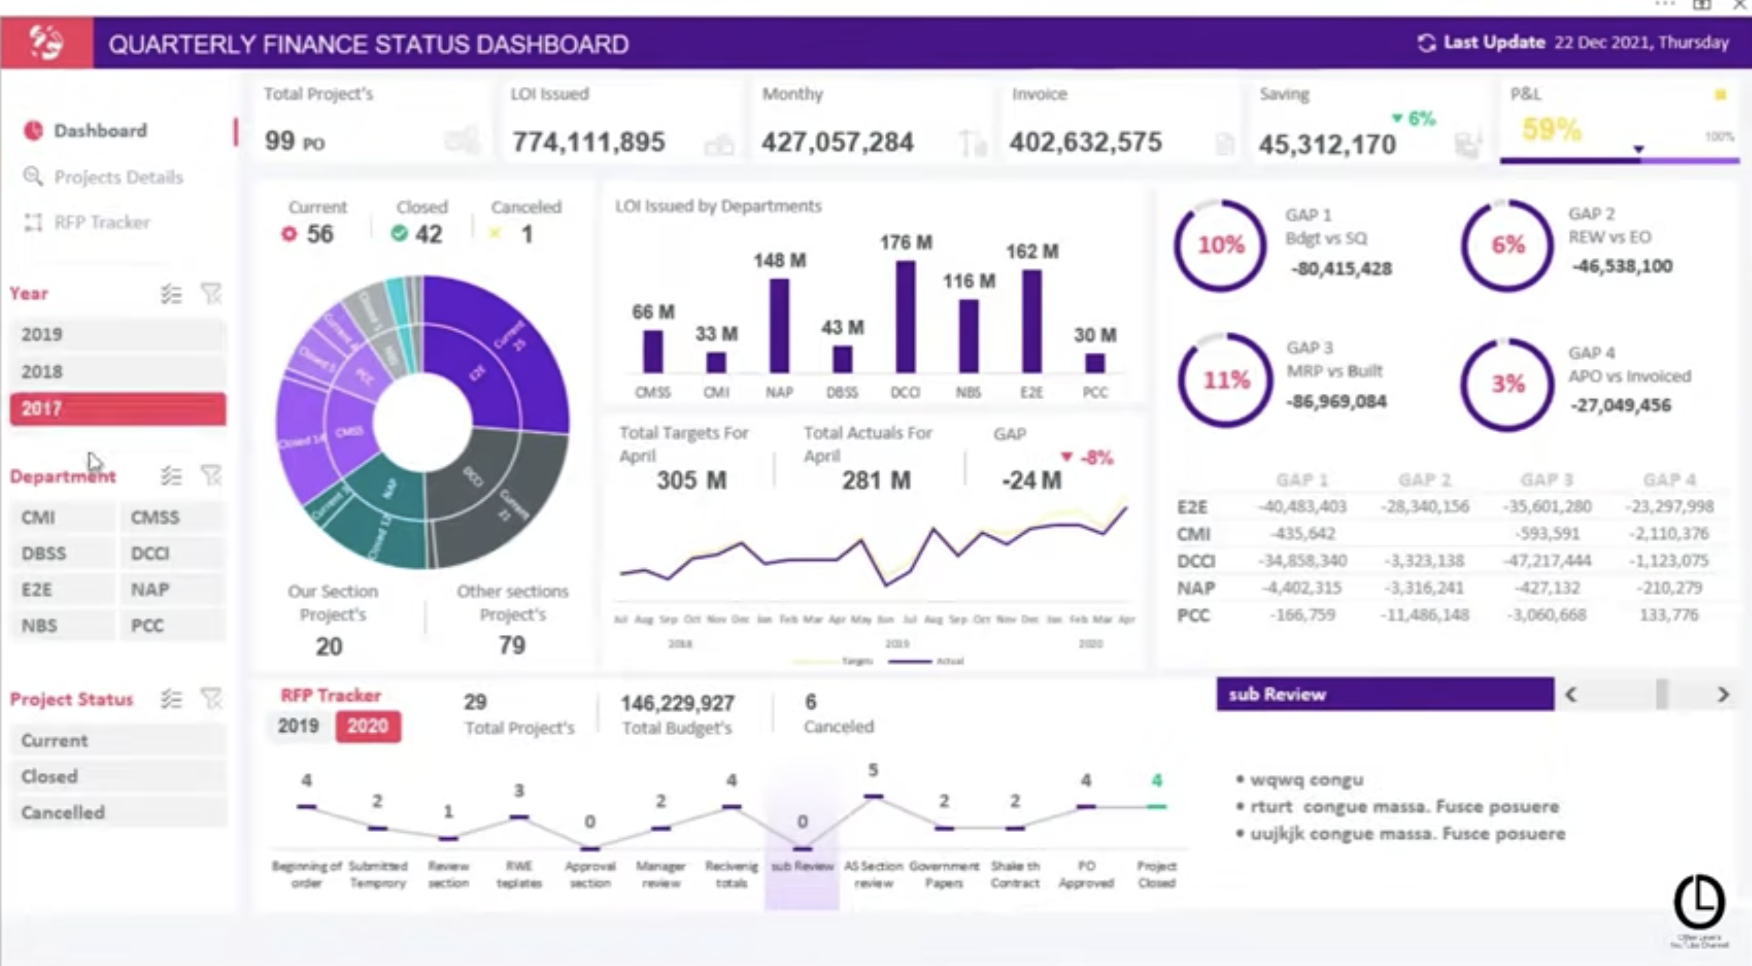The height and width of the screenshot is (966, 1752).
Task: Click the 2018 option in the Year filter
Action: tap(117, 372)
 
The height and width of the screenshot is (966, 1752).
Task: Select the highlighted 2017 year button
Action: tap(117, 409)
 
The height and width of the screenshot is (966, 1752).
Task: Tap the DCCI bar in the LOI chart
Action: tap(905, 317)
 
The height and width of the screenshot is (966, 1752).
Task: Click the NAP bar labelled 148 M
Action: tap(779, 326)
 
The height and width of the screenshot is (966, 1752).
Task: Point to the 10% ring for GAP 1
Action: tap(1220, 245)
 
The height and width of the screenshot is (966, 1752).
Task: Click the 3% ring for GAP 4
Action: tap(1507, 384)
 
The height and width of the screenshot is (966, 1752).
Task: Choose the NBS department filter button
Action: tap(63, 626)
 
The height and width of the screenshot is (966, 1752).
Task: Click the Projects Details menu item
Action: tap(118, 177)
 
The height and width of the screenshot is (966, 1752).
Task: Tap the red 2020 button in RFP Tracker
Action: tap(367, 726)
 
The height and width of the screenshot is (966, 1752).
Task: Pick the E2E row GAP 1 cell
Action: tap(1302, 507)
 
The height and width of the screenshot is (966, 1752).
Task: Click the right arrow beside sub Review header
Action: tap(1723, 694)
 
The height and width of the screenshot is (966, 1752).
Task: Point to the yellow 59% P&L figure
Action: tap(1551, 129)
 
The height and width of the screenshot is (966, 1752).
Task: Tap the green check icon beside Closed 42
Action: tap(399, 234)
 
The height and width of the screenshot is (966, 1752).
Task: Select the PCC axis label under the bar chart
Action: tap(1094, 392)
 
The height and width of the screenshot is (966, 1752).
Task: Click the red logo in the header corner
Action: tap(46, 43)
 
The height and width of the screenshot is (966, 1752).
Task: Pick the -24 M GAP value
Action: tap(1031, 481)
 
